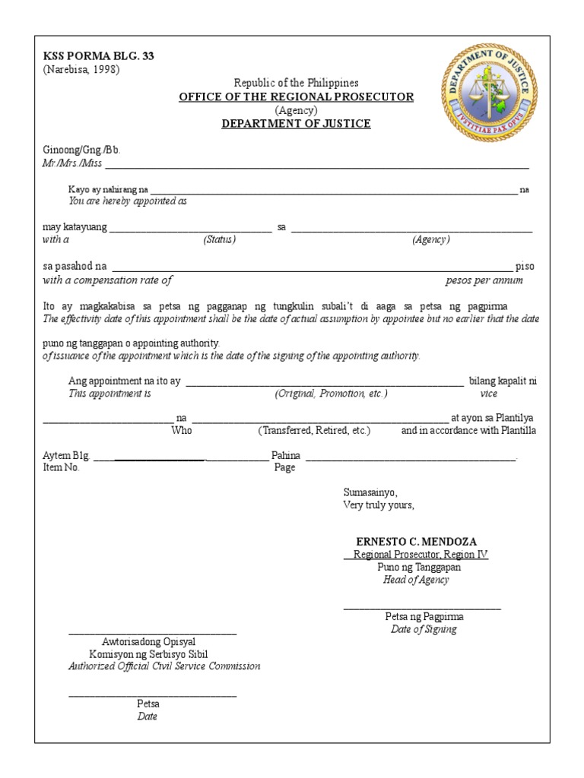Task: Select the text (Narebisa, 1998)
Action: [x=81, y=70]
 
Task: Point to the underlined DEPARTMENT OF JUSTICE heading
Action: [x=296, y=124]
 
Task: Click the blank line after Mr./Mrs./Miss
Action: [x=316, y=165]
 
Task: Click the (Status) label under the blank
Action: [x=219, y=240]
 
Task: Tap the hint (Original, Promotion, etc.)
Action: [x=331, y=394]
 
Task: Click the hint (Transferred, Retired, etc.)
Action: [x=314, y=431]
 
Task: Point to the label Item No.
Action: [x=62, y=468]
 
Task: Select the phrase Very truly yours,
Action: [x=379, y=505]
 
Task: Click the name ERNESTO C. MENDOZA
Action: [x=417, y=542]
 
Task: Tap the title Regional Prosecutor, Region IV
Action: [x=416, y=555]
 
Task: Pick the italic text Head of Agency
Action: [x=416, y=580]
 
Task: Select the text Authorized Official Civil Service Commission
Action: [x=164, y=666]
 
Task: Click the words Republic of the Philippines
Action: [x=296, y=82]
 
